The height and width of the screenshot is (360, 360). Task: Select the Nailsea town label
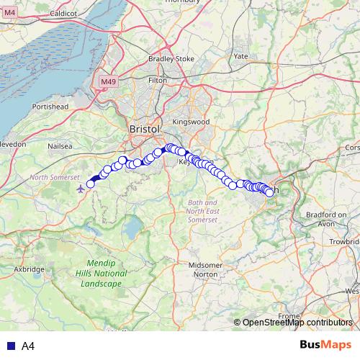point(60,145)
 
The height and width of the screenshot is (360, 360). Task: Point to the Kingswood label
point(191,122)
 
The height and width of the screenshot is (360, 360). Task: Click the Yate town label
point(240,55)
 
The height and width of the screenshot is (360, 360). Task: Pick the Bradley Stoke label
point(171,59)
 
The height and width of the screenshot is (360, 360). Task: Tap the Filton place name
point(157,80)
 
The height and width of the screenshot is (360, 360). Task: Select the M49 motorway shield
point(108,82)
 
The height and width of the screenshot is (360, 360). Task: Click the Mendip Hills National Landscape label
point(99,274)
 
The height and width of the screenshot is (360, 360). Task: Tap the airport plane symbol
point(79,189)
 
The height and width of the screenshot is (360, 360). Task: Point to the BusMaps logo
point(326,346)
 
